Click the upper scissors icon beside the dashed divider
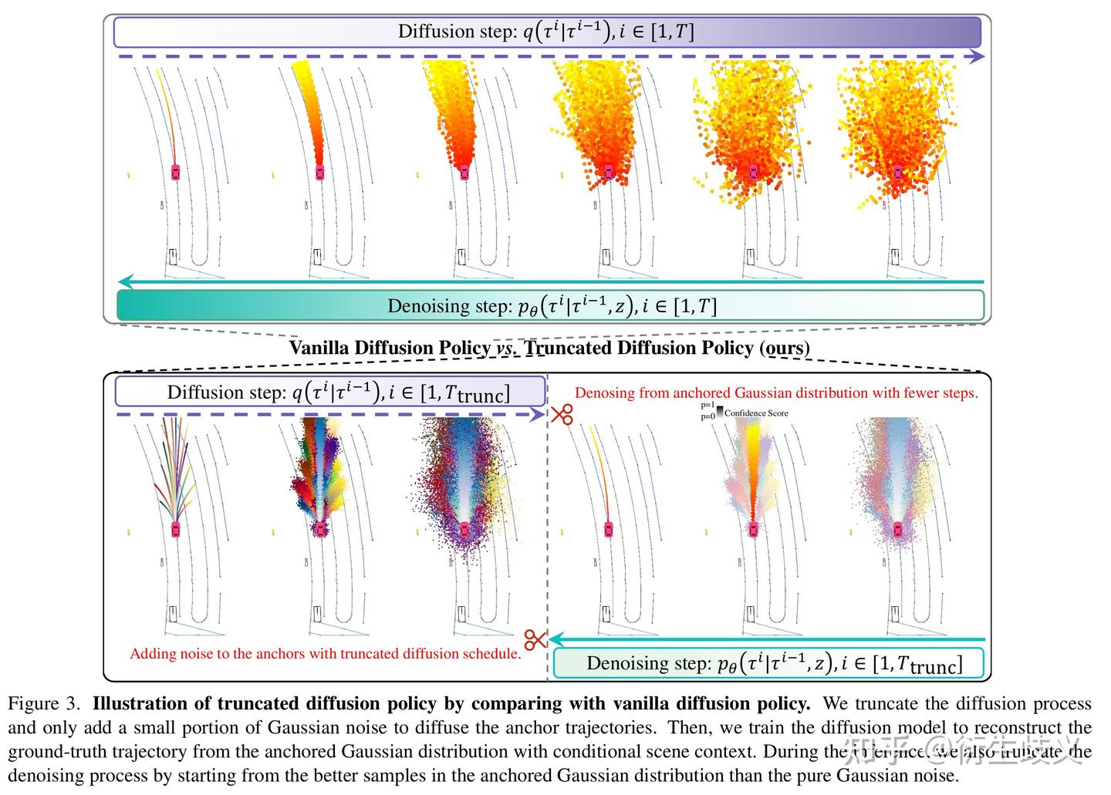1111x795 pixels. (x=562, y=414)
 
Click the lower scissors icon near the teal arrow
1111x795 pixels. (x=535, y=639)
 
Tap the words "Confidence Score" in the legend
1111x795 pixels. (x=756, y=413)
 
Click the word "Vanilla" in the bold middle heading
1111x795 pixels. (x=319, y=348)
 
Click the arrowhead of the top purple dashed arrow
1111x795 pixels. (x=977, y=56)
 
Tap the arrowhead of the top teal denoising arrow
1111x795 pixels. (x=126, y=282)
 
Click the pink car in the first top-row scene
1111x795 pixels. (x=176, y=171)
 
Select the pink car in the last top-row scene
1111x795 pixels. (x=897, y=171)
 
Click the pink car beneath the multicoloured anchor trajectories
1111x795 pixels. (x=176, y=529)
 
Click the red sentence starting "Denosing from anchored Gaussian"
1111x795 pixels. (x=776, y=392)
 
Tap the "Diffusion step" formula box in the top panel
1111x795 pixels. (x=546, y=32)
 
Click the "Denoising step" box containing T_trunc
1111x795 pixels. (x=768, y=663)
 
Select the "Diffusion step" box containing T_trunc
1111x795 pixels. (x=330, y=392)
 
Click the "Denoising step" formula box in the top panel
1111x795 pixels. (x=551, y=305)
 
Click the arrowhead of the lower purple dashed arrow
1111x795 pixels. (x=538, y=414)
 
